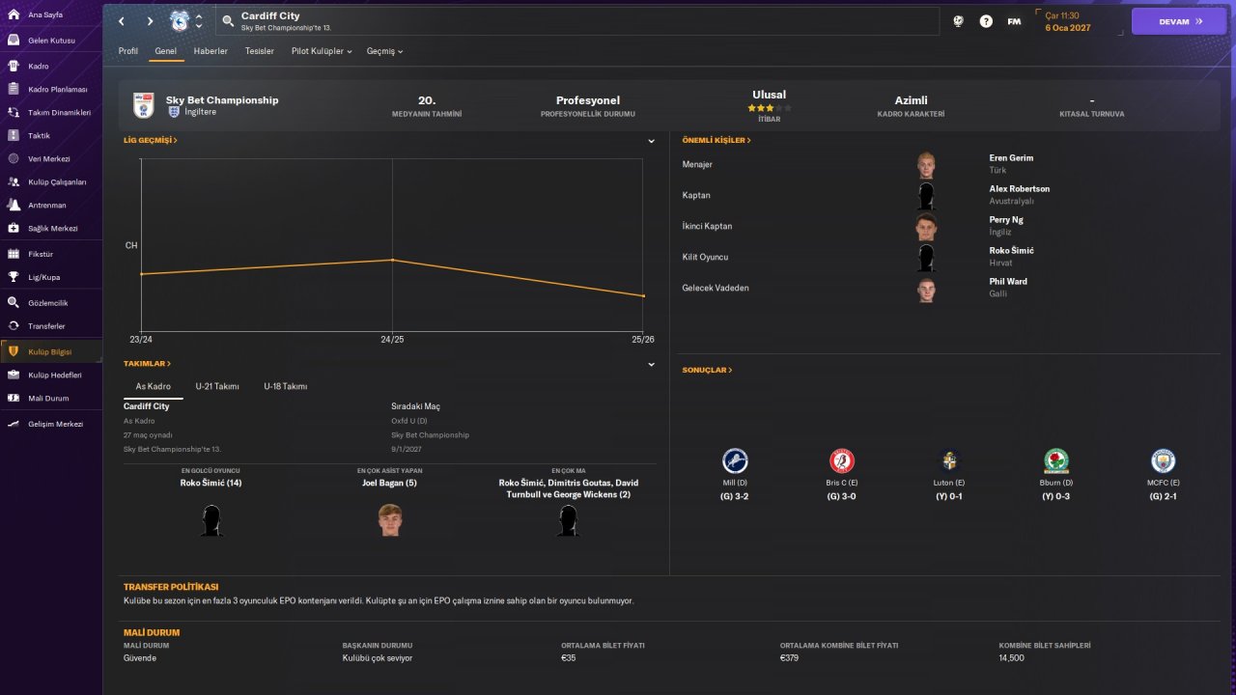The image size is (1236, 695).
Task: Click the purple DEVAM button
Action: [x=1179, y=21]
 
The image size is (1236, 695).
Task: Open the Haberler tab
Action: [x=211, y=51]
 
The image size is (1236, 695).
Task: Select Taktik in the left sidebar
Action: [x=39, y=135]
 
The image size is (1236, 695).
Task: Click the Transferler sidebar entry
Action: [x=46, y=326]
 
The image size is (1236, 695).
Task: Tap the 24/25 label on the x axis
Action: [x=392, y=339]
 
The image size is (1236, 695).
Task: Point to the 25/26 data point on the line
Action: [x=643, y=296]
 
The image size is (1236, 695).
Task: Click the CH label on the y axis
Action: [x=130, y=245]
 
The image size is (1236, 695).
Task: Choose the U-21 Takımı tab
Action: [x=217, y=386]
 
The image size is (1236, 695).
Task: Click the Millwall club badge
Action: [x=735, y=460]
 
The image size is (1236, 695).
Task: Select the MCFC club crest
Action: [x=1163, y=460]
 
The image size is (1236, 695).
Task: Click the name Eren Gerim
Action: [x=1011, y=157]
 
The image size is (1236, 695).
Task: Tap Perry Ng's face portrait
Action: [x=926, y=227]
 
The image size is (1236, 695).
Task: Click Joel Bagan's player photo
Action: [x=390, y=519]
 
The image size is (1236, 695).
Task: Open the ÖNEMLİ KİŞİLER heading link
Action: [x=716, y=140]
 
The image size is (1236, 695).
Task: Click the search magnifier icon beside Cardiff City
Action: [x=228, y=21]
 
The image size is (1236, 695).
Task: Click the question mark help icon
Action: [x=986, y=21]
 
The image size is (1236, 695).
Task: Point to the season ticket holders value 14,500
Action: [x=1011, y=657]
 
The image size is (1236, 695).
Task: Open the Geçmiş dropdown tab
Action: [x=384, y=51]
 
